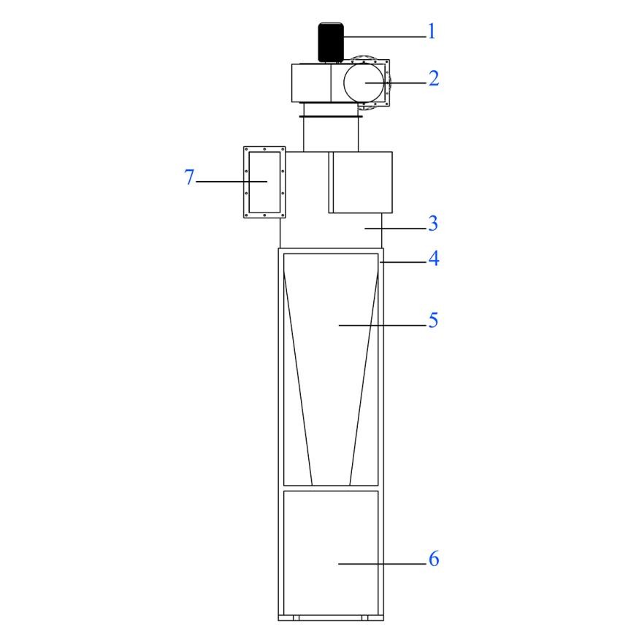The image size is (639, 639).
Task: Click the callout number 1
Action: click(x=432, y=31)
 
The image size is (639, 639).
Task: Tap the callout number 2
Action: click(x=434, y=78)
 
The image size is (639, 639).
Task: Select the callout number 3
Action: click(x=433, y=223)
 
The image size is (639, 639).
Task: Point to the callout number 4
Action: click(x=434, y=259)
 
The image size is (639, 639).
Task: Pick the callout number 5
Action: click(x=433, y=320)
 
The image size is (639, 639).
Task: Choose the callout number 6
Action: click(x=434, y=559)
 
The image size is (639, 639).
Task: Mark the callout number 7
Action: click(x=189, y=177)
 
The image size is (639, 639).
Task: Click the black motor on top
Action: click(x=331, y=42)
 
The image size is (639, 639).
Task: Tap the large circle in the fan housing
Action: click(x=364, y=83)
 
